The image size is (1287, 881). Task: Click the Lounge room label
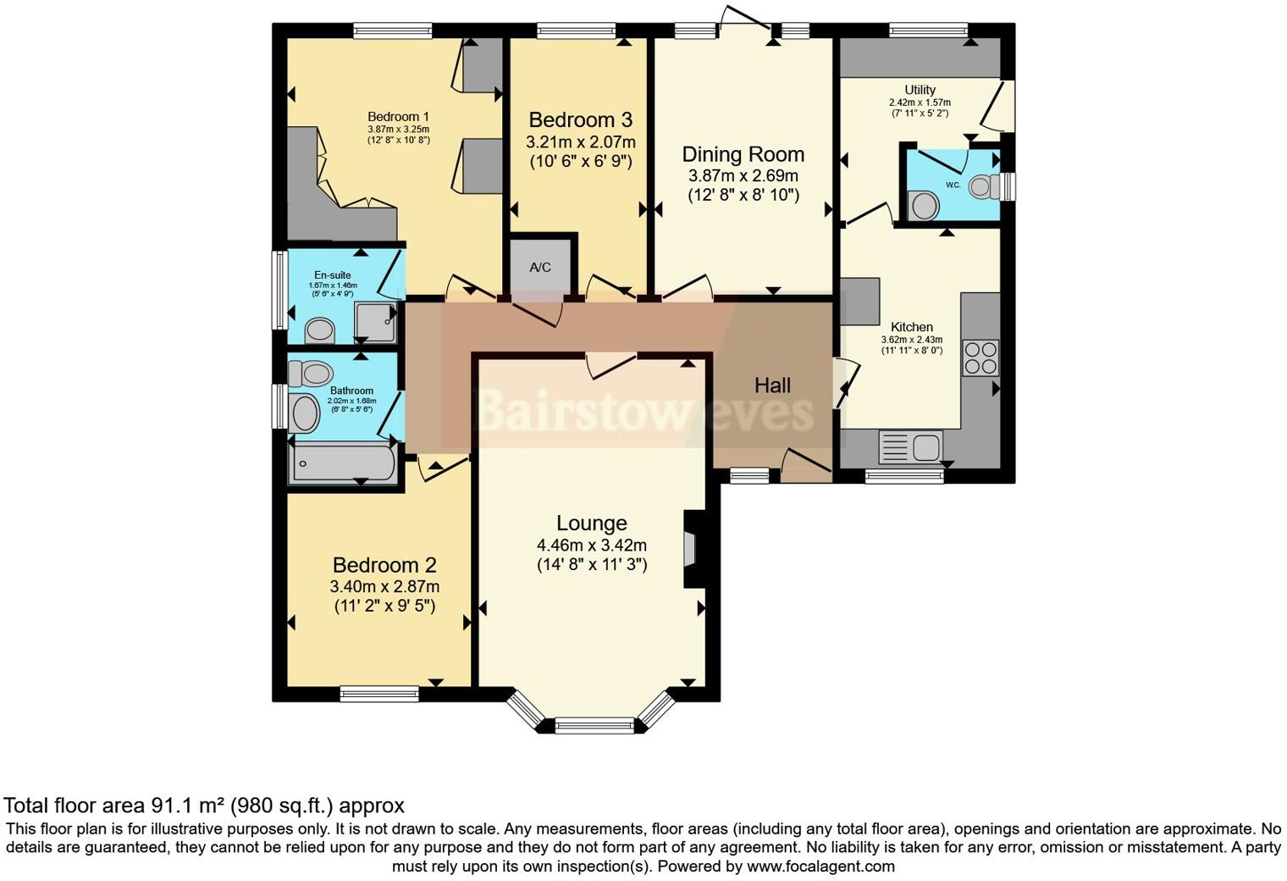591,524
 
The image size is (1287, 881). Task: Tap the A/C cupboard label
540,268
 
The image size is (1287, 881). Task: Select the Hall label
772,386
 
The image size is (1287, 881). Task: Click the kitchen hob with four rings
980,357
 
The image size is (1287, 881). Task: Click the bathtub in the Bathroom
343,463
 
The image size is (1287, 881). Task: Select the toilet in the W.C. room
982,186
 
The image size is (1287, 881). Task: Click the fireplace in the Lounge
690,548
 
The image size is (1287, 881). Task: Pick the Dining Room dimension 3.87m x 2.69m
743,176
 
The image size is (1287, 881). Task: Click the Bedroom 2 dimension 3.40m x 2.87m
384,586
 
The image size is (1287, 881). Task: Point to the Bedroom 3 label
580,120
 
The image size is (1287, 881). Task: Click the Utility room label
920,90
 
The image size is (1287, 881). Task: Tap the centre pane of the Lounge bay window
594,724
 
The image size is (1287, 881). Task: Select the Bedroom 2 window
379,694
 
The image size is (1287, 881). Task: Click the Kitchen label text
912,327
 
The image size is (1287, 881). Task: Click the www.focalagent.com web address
820,867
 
